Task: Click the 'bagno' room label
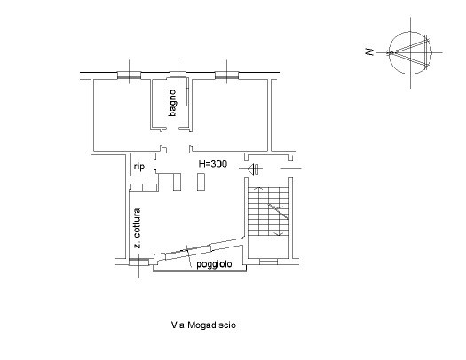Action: (173, 103)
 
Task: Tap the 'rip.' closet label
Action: (140, 167)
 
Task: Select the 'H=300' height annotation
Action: (213, 164)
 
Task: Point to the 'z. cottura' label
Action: (137, 228)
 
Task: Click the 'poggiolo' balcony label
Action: (214, 264)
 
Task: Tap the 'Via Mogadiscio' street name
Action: (203, 325)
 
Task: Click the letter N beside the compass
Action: (369, 52)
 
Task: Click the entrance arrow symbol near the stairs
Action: (253, 169)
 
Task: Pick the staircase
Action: (268, 211)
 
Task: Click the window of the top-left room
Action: (129, 75)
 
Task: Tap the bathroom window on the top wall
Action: (178, 74)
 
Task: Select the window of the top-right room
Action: (226, 75)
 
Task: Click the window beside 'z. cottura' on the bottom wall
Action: (138, 262)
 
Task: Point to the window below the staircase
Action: (268, 262)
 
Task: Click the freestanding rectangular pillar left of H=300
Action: (201, 182)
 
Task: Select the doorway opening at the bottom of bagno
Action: (170, 129)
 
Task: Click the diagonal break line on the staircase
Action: (279, 212)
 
